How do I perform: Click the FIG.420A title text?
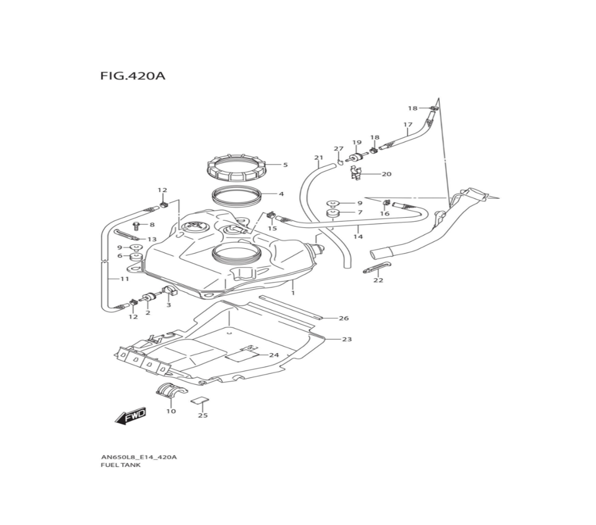[x=132, y=77]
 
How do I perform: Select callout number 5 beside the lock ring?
[x=285, y=165]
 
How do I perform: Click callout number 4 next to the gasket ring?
[x=281, y=194]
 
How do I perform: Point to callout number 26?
[x=343, y=319]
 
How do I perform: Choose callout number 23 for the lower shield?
[x=347, y=339]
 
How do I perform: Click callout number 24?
[x=274, y=355]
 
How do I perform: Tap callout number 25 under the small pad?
[x=203, y=415]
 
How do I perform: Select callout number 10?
[x=171, y=411]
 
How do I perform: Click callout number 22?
[x=378, y=280]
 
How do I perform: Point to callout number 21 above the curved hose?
[x=318, y=158]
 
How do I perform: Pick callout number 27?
[x=339, y=149]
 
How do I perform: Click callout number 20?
[x=386, y=174]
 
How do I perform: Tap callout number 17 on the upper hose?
[x=408, y=125]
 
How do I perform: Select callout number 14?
[x=358, y=237]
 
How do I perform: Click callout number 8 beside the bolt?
[x=152, y=225]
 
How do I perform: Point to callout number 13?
[x=152, y=239]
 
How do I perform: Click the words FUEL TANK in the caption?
[x=121, y=465]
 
